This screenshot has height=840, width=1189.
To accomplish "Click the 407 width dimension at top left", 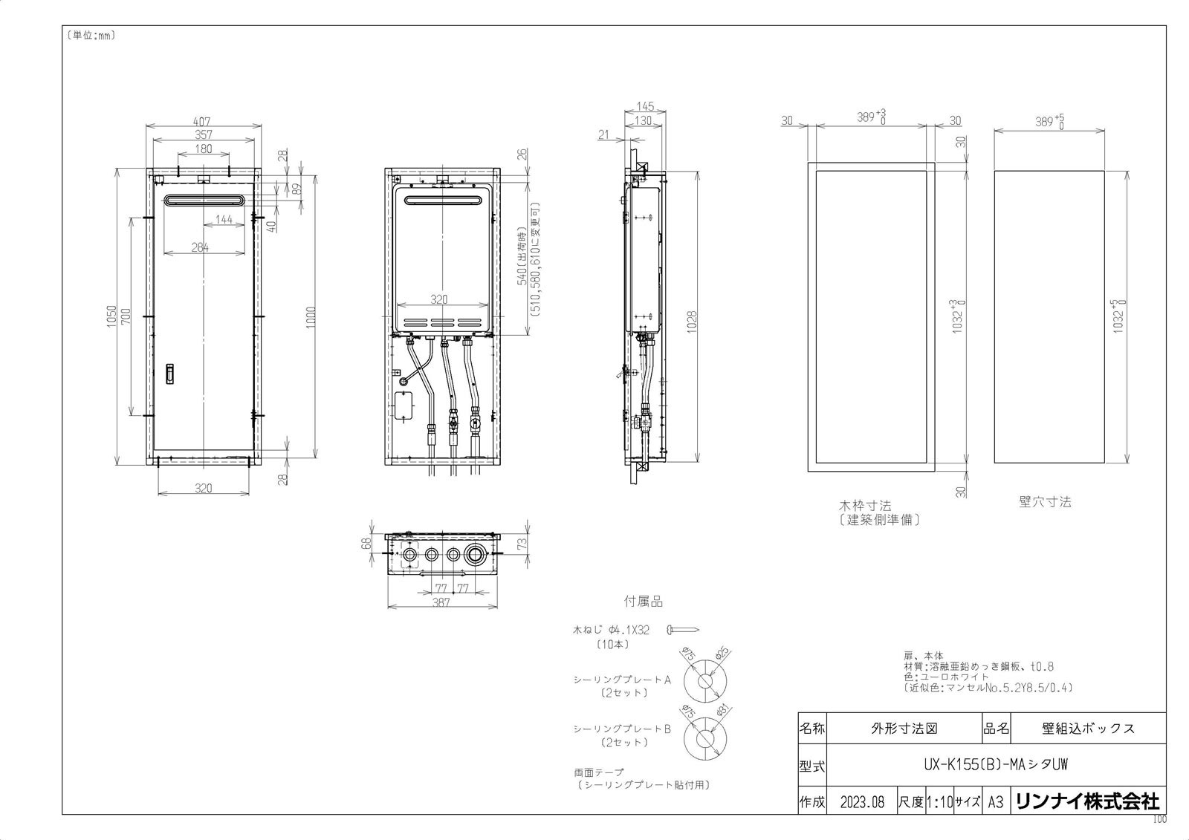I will [x=203, y=121].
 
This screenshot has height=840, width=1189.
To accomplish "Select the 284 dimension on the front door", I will [x=200, y=247].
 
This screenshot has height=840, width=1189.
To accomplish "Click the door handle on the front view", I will [x=169, y=374].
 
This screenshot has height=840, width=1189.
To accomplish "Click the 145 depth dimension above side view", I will [x=644, y=107].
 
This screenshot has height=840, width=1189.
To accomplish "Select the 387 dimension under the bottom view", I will [x=441, y=603].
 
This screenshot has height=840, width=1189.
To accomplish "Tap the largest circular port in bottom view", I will [x=475, y=554].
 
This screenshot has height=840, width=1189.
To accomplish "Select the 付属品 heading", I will [x=643, y=602].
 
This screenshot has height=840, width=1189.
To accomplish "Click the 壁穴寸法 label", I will [x=1045, y=502].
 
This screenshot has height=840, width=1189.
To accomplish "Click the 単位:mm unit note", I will [x=91, y=35].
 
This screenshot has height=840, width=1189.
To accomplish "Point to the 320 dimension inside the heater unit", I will [x=439, y=299].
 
